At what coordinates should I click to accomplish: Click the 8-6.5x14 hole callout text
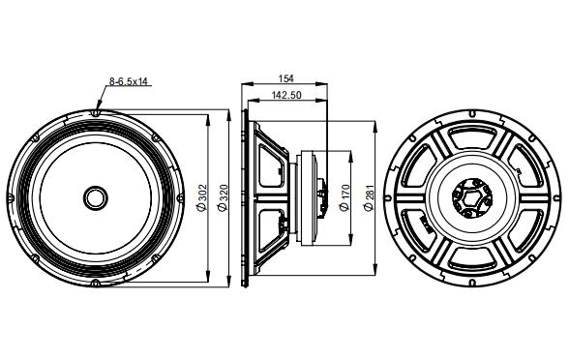point(128,83)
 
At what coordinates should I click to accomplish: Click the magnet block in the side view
point(314,196)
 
